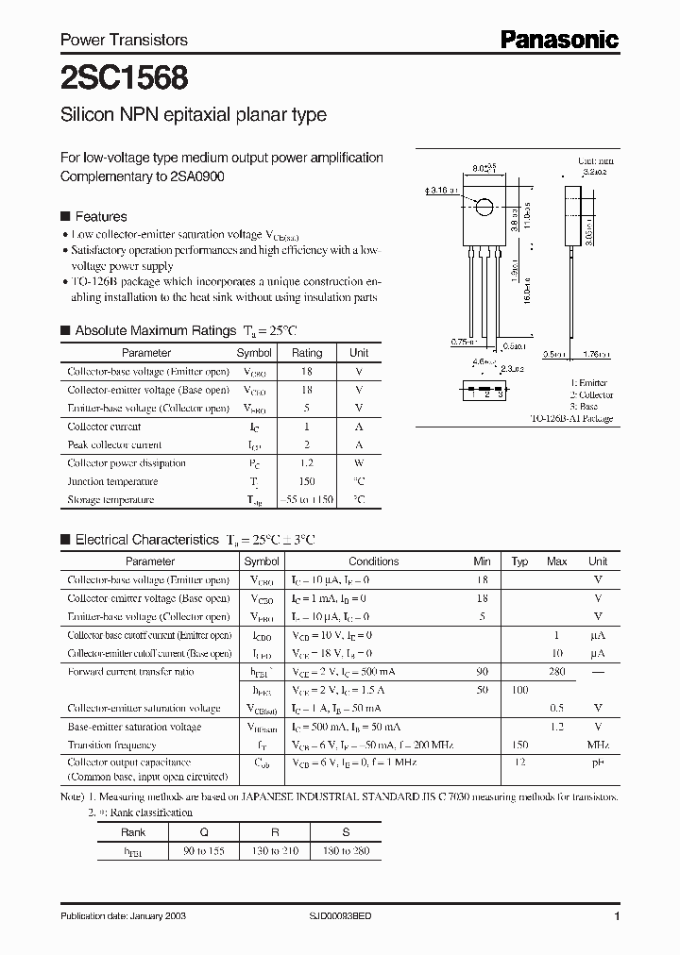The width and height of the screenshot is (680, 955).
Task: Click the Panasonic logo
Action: click(x=558, y=39)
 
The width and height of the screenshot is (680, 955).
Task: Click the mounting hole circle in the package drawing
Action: click(x=484, y=208)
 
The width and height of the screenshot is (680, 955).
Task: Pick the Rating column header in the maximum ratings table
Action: click(x=306, y=353)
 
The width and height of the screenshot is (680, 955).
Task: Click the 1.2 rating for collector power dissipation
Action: click(x=306, y=463)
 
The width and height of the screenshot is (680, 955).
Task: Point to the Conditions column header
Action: click(x=373, y=561)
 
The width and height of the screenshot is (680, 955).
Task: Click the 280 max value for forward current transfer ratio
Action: click(x=557, y=671)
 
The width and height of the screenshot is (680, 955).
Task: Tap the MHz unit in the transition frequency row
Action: click(x=598, y=745)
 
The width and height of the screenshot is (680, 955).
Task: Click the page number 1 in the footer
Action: click(x=616, y=917)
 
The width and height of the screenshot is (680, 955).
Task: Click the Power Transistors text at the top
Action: click(x=124, y=40)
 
